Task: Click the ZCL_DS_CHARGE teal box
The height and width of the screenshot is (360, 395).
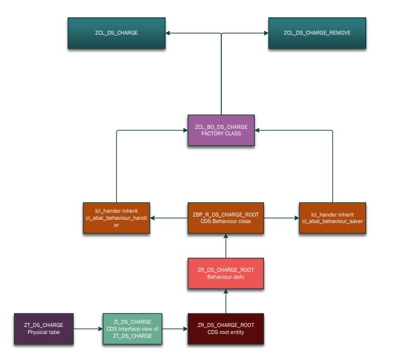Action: coord(116,33)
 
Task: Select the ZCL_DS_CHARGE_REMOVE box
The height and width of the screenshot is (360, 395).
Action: coord(317,33)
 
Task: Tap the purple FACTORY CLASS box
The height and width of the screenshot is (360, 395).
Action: coord(221,130)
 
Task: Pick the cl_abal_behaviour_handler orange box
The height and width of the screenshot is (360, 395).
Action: coord(116,218)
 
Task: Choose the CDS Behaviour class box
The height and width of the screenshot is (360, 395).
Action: coord(226,218)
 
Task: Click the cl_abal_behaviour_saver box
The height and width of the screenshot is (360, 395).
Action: coord(333,218)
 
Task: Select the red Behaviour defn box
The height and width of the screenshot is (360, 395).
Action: coord(226,273)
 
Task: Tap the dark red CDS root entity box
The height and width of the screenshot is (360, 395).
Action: coord(226,329)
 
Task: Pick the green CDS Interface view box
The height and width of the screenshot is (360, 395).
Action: coord(133,329)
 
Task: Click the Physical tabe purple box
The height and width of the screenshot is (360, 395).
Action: coord(44,329)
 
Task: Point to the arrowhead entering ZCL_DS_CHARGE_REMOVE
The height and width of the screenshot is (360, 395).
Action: coord(266,33)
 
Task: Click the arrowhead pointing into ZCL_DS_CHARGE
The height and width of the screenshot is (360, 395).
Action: coord(168,33)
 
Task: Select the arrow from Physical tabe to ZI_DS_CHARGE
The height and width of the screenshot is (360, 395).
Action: coord(88,329)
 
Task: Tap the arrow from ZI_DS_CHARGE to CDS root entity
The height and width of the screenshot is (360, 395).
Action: coord(175,329)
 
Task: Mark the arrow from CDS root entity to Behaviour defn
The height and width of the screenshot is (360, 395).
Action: coord(226,301)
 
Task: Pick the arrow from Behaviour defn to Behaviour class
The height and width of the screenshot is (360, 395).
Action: coord(226,246)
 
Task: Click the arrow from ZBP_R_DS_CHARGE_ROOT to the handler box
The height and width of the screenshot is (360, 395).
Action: coord(169,218)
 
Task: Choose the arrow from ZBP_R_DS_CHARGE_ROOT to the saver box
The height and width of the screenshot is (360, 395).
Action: coord(281,218)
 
